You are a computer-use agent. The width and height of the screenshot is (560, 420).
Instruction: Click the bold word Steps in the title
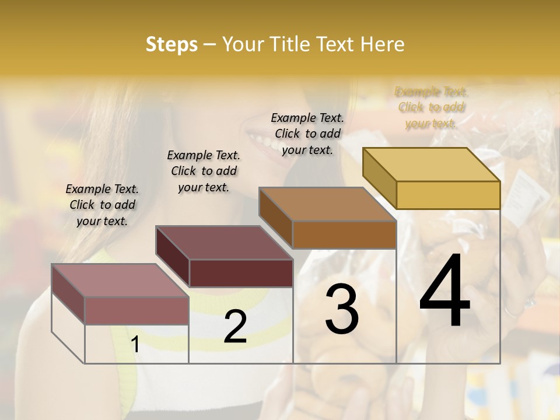click(x=171, y=44)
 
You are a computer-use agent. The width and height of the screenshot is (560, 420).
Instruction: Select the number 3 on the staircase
click(x=342, y=309)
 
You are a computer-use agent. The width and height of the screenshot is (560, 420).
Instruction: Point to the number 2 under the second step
click(x=235, y=327)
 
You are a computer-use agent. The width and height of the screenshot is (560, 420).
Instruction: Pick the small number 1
click(x=135, y=345)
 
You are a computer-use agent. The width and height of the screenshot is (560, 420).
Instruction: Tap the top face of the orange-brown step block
click(x=327, y=204)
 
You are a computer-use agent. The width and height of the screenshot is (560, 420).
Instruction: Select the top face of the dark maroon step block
click(x=224, y=243)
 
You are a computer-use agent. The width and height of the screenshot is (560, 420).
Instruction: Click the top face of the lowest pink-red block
click(x=120, y=281)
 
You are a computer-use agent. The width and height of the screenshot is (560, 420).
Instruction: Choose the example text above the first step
click(x=102, y=205)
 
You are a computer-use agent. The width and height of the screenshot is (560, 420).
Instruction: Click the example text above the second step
click(x=204, y=171)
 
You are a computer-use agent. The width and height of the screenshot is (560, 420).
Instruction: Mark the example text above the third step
click(x=307, y=134)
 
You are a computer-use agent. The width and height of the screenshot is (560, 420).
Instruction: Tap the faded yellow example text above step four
click(x=431, y=107)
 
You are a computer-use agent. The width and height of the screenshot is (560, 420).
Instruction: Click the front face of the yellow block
click(x=448, y=195)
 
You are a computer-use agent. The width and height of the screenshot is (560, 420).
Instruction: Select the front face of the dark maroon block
click(x=241, y=273)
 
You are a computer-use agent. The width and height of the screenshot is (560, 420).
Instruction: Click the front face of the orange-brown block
click(x=344, y=235)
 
